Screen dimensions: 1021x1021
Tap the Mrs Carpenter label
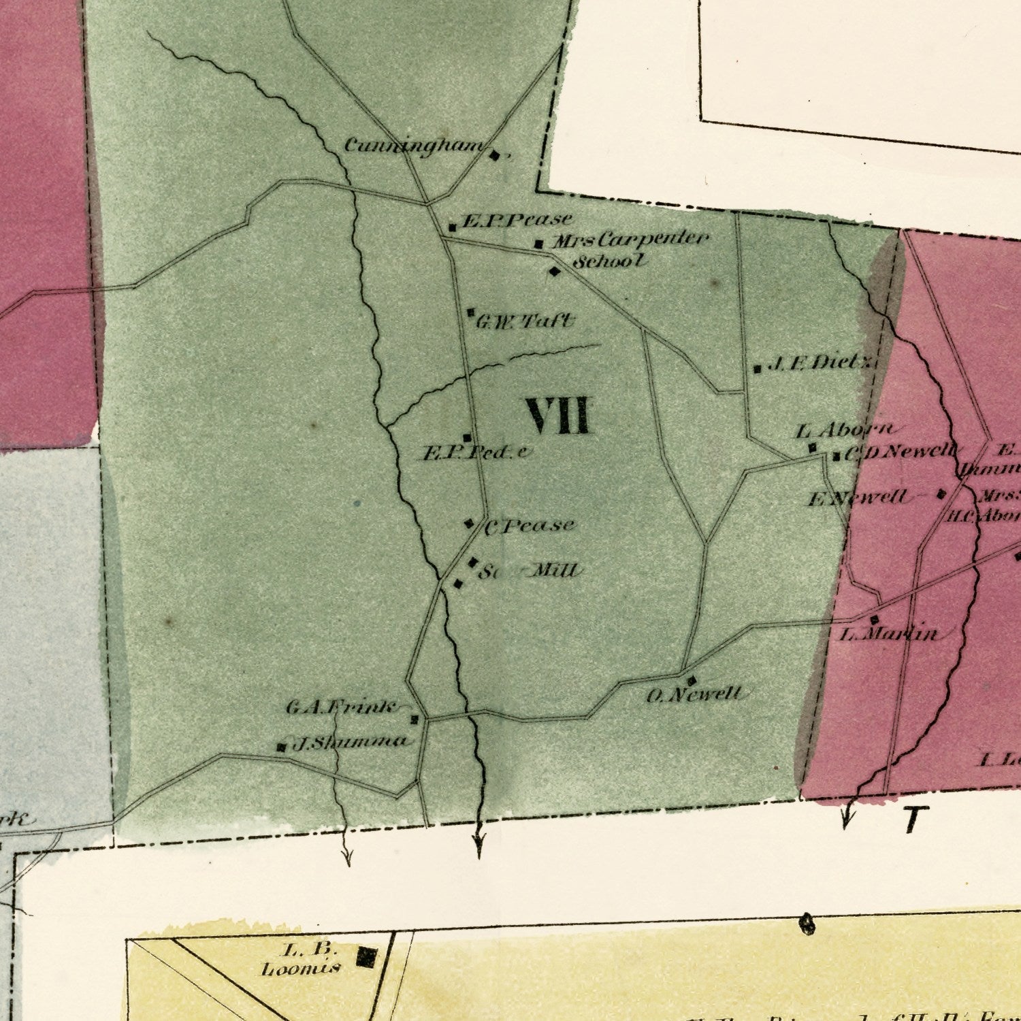[x=630, y=240]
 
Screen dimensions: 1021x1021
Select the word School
[x=609, y=261]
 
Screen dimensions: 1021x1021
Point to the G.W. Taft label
[x=524, y=321]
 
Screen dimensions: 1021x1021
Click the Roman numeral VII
[x=557, y=416]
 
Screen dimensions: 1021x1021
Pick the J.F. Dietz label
[x=820, y=363]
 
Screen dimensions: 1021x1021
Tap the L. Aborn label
[x=844, y=430]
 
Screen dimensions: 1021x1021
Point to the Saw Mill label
[x=531, y=570]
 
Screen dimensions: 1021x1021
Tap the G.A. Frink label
[x=340, y=708]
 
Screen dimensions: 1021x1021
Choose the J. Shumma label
[x=350, y=743]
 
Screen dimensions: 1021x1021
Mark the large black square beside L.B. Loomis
[x=366, y=958]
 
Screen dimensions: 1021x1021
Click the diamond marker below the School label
[x=555, y=272]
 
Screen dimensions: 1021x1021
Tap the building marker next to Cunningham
[x=495, y=156]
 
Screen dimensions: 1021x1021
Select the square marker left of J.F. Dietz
[x=757, y=370]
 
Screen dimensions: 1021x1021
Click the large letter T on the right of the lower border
[x=916, y=820]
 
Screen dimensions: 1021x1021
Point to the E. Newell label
[x=858, y=498]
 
